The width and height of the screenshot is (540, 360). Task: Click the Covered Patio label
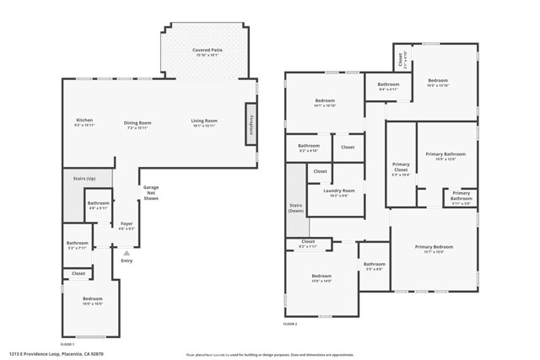(206, 52)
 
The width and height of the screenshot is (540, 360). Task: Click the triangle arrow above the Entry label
(127, 251)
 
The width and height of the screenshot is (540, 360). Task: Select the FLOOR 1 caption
(66, 344)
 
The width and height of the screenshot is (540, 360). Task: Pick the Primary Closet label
(401, 169)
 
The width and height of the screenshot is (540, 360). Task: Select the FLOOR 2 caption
(290, 323)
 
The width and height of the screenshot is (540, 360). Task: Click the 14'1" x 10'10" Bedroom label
(325, 103)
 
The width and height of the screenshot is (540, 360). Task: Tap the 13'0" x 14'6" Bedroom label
(321, 278)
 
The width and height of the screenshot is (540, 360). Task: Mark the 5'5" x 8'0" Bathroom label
(374, 266)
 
